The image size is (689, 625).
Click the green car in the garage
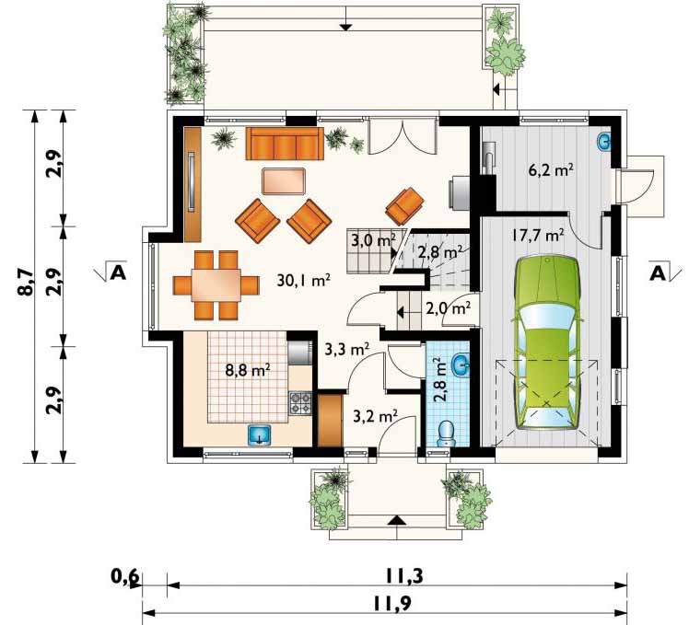(x=547, y=343)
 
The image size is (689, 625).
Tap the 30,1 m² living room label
(x=304, y=280)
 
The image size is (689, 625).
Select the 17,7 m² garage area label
(x=537, y=236)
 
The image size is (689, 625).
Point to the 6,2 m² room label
(x=551, y=169)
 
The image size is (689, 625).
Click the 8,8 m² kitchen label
(x=248, y=370)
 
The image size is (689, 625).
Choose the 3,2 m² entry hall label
(x=376, y=415)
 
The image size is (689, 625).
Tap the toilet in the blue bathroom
(x=447, y=434)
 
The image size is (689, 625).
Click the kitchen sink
(x=260, y=435)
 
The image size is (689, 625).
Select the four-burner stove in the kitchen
(x=300, y=404)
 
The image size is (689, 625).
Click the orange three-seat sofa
(x=285, y=144)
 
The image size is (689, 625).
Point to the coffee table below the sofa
(x=284, y=181)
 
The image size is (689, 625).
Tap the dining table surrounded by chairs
(x=216, y=284)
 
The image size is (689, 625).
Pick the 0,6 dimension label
(x=125, y=577)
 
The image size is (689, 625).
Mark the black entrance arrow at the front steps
(x=397, y=520)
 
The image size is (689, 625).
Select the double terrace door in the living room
(x=403, y=136)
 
